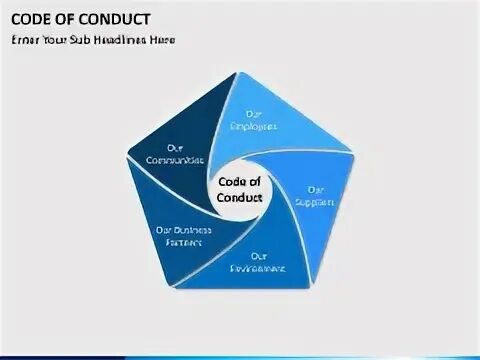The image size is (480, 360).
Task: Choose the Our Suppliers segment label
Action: [x=314, y=195]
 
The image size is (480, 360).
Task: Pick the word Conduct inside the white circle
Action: [x=239, y=197]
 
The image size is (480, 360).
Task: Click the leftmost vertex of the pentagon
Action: [x=126, y=153]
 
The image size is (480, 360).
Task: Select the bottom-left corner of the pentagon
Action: [x=170, y=288]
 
